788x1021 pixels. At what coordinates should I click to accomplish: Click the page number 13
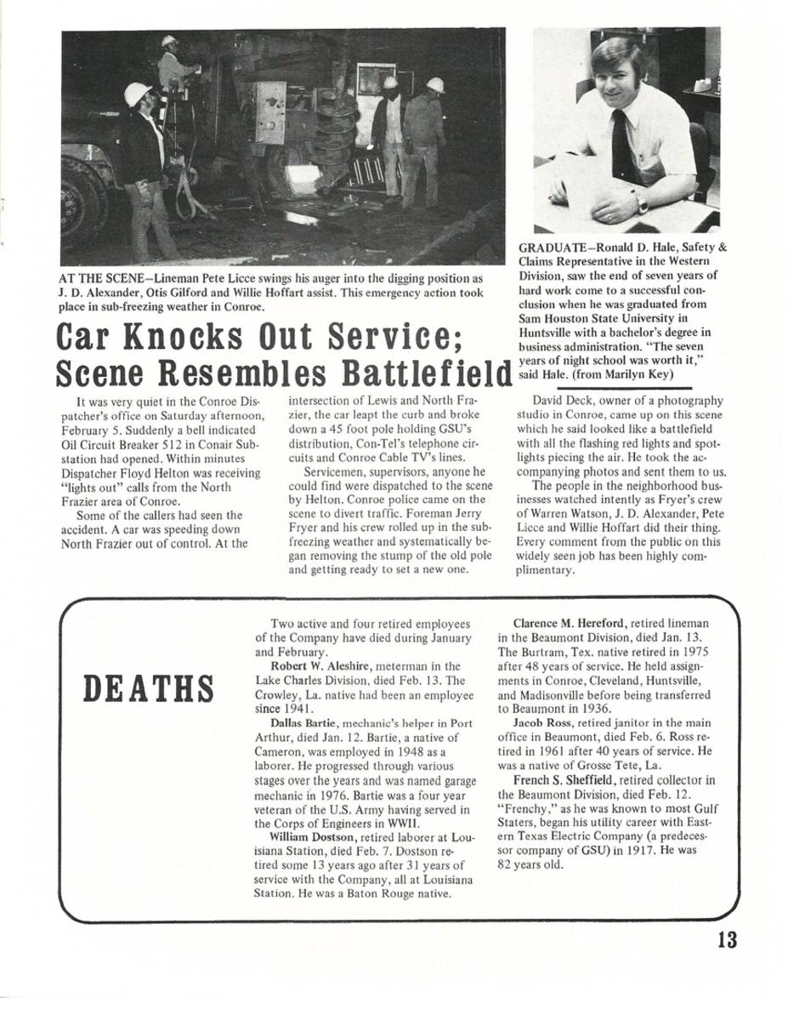pos(726,939)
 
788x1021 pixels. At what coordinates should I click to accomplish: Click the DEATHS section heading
pos(147,688)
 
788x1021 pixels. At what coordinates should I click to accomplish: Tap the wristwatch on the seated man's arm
pos(642,203)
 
